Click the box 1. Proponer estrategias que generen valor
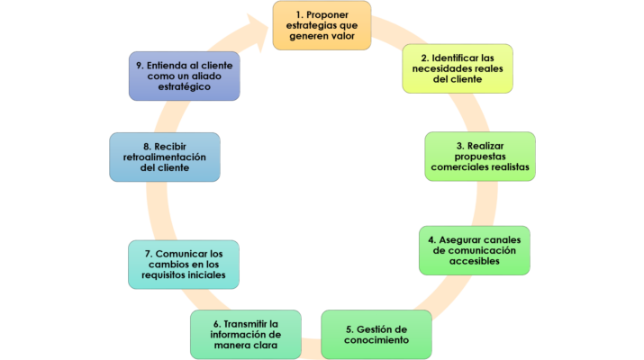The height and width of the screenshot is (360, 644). (x=322, y=26)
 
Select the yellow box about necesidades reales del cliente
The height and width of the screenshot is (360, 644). (x=457, y=67)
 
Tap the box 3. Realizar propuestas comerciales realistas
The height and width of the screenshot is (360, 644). (x=480, y=157)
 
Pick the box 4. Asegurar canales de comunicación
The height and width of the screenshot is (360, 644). (x=475, y=250)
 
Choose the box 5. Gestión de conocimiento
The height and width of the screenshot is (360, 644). (x=376, y=334)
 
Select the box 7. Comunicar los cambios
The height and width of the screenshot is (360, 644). (x=184, y=264)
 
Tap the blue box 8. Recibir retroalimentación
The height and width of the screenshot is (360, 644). (x=165, y=157)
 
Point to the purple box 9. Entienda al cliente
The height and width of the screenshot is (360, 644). (x=184, y=76)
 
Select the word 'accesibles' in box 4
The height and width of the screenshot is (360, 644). (x=475, y=261)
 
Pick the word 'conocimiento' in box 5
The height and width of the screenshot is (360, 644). (x=376, y=340)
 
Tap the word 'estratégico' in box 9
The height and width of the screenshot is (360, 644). (x=184, y=86)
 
